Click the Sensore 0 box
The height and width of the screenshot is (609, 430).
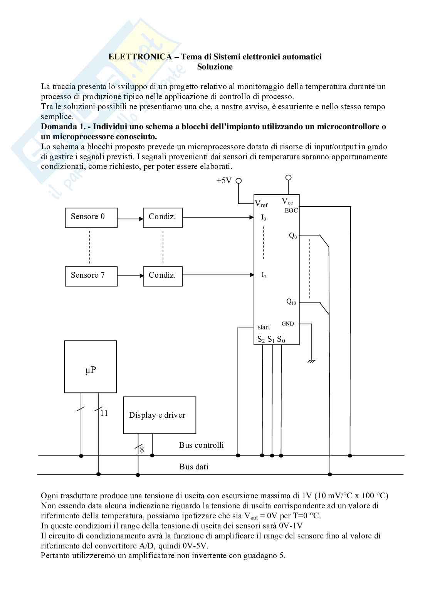(91, 218)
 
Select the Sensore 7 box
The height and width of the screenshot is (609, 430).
(91, 276)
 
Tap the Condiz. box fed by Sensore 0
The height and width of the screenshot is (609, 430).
(163, 218)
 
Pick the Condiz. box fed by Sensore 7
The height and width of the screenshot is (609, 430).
(163, 276)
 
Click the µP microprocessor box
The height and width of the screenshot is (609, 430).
(91, 367)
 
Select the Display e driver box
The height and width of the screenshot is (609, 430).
(160, 415)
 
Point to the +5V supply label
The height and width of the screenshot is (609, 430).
(224, 181)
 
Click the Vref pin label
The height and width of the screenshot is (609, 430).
(261, 204)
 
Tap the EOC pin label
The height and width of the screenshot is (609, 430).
(291, 211)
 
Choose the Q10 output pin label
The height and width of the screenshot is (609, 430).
(291, 302)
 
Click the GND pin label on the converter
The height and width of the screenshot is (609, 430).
(288, 324)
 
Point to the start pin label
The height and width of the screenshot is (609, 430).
(264, 327)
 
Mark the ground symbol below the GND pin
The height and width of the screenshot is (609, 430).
(311, 361)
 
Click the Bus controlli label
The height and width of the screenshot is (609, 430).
(201, 445)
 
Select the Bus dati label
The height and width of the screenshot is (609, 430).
(194, 467)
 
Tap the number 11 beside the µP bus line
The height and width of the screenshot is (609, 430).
(104, 413)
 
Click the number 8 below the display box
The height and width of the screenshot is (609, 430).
(142, 450)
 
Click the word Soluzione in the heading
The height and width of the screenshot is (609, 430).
(215, 67)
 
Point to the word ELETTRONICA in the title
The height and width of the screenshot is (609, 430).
(140, 57)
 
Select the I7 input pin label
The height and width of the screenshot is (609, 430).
(264, 275)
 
